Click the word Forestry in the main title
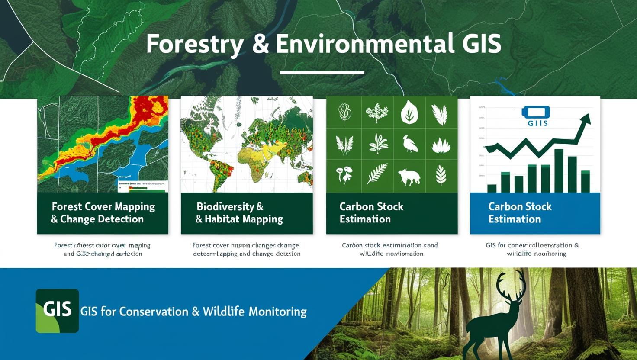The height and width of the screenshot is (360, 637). pyautogui.click(x=194, y=45)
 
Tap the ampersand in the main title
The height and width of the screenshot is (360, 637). pyautogui.click(x=260, y=45)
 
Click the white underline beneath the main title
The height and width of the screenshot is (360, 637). pyautogui.click(x=322, y=72)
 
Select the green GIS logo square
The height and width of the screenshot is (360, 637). pyautogui.click(x=57, y=311)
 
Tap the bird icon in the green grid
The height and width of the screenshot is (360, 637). pyautogui.click(x=409, y=144)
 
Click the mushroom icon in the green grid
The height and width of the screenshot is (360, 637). pyautogui.click(x=344, y=174)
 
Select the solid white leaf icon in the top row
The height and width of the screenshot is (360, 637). pyautogui.click(x=409, y=112)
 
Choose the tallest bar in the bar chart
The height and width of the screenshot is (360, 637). pyautogui.click(x=559, y=170)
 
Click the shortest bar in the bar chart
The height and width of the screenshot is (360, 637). pyautogui.click(x=492, y=188)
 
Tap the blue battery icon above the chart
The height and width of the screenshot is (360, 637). pyautogui.click(x=536, y=112)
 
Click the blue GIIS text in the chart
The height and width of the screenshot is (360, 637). pyautogui.click(x=537, y=123)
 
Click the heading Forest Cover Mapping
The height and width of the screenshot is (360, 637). pyautogui.click(x=103, y=206)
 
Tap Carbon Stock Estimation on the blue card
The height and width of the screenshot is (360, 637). pyautogui.click(x=519, y=212)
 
